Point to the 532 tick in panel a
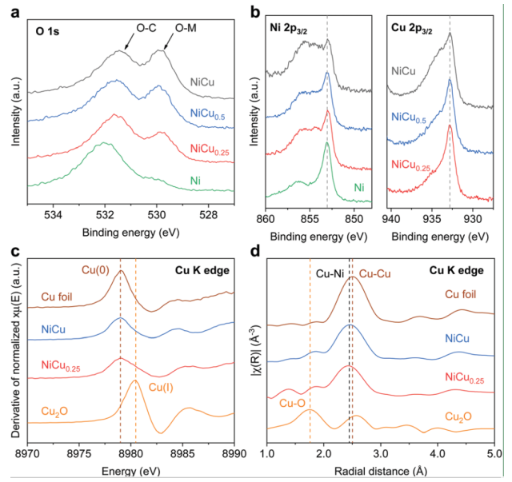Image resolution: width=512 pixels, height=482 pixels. [105, 214]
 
